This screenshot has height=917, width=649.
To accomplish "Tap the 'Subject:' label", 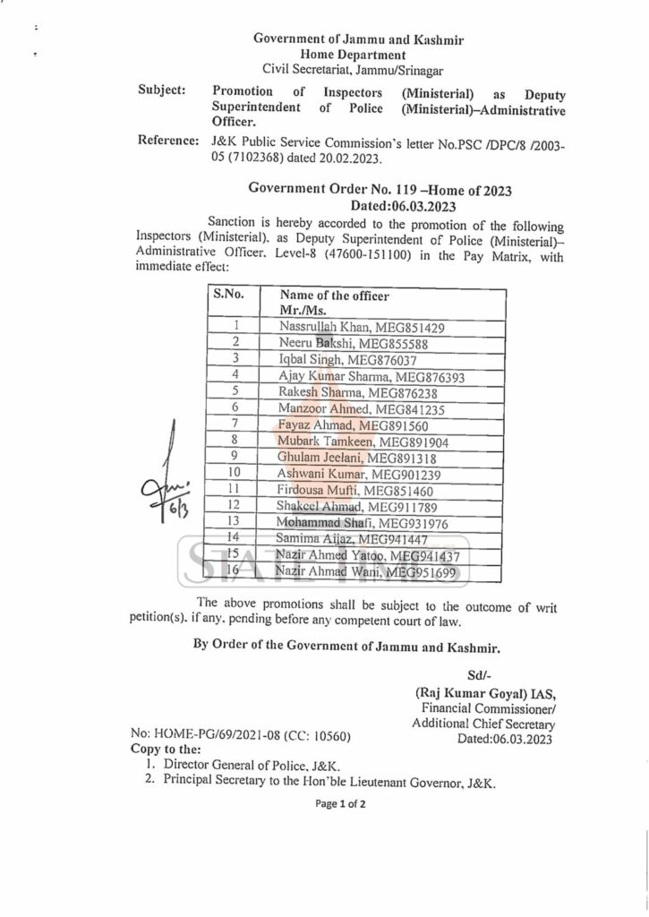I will (162, 91).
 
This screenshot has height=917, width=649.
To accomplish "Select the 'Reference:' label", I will (167, 141).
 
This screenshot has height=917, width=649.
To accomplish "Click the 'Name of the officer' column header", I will (334, 296).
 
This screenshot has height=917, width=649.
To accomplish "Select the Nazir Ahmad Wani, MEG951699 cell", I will (367, 572).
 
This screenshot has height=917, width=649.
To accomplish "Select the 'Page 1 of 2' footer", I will (340, 804).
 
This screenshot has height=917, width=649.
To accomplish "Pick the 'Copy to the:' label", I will (167, 749).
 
